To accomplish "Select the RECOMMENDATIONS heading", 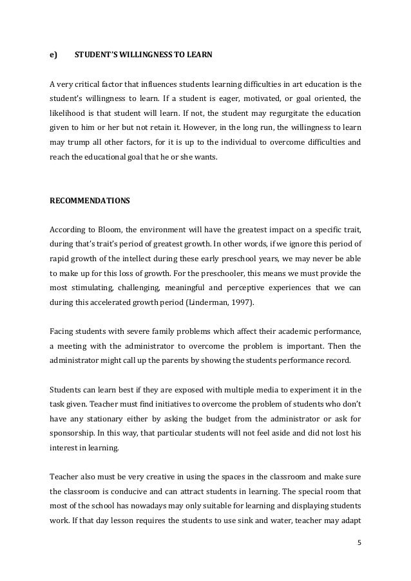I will click(x=90, y=200).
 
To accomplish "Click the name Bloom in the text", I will click(x=111, y=230).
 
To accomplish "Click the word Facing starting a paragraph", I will click(x=61, y=332).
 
